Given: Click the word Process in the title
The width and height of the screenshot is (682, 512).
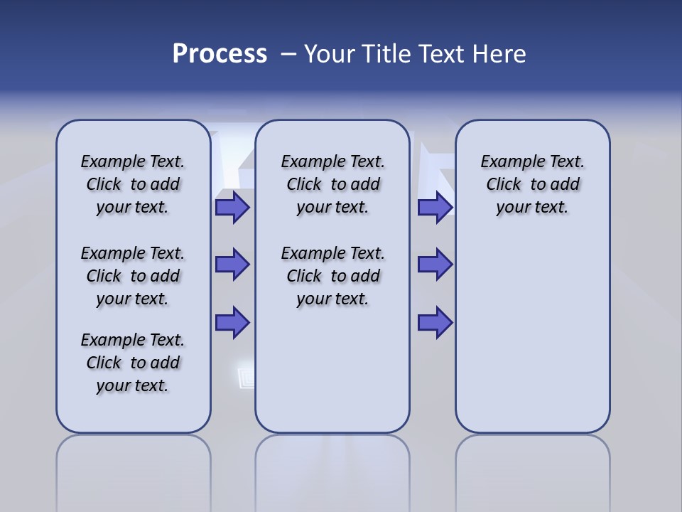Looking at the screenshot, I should [220, 54].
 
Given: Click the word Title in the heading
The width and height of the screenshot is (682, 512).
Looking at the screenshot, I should [386, 54].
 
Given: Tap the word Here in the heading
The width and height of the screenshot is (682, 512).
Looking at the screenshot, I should [499, 54].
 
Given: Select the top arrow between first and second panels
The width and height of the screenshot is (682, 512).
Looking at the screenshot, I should [232, 208].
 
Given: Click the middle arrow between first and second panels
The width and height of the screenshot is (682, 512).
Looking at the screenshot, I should [232, 265].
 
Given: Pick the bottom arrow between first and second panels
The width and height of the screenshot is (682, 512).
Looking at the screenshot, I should [232, 322].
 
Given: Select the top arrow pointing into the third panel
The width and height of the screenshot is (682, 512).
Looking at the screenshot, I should [435, 208].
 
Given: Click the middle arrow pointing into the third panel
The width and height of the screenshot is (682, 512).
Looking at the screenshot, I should [435, 265].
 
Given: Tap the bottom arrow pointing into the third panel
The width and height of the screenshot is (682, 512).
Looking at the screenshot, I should [435, 322].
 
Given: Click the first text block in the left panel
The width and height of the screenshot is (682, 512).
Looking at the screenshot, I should [133, 184].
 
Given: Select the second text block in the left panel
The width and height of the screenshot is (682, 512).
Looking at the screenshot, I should [133, 276].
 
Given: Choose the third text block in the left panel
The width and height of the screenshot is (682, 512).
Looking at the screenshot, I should [133, 363].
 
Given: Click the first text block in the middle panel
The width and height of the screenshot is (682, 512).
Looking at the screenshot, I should [332, 184].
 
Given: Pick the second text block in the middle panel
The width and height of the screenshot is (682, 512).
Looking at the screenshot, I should [332, 276].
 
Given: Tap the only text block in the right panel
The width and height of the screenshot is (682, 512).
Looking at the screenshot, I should [532, 184].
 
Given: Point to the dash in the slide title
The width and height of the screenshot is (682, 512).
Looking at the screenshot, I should [288, 54].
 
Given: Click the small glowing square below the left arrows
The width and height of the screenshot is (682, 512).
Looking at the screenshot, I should [246, 377].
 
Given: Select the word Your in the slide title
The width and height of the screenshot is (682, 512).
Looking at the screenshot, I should [330, 54].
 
